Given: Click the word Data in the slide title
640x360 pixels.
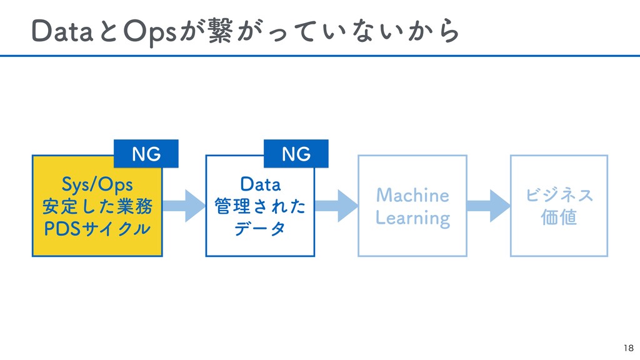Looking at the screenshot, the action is (62, 31).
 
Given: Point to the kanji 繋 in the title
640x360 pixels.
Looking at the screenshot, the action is (221, 31).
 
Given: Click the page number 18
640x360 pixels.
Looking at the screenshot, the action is (629, 347).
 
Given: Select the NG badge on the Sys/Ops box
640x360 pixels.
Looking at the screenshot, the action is (146, 154).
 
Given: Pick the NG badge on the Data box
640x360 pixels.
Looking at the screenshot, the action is (296, 154).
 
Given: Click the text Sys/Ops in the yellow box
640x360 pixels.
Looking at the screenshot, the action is (97, 184).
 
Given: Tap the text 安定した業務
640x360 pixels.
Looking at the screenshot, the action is (97, 206).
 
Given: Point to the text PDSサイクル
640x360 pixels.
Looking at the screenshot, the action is (97, 229).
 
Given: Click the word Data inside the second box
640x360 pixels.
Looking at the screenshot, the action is (261, 184).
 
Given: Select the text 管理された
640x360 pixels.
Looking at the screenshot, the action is (261, 206).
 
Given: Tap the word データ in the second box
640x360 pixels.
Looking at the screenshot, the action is (260, 229).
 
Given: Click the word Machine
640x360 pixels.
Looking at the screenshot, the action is (412, 195).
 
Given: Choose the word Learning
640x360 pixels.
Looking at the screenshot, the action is (412, 218).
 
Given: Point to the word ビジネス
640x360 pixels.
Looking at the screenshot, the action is (559, 195).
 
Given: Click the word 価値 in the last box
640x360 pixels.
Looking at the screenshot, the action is (559, 217).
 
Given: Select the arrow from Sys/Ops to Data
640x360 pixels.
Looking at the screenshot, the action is (184, 206).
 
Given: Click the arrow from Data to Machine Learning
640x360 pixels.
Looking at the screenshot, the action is (336, 206).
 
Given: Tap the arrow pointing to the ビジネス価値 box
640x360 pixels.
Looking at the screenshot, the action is (489, 206).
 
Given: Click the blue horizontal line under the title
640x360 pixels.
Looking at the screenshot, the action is (320, 56).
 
